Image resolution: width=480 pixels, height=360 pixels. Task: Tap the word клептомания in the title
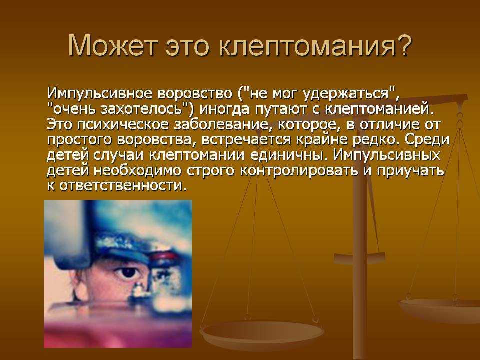click(306, 46)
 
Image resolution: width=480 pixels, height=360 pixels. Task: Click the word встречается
click(246, 140)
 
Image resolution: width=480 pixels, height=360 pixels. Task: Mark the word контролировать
click(299, 171)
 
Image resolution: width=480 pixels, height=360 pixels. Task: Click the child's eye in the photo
click(128, 272)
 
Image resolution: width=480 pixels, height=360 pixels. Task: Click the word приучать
click(410, 171)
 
